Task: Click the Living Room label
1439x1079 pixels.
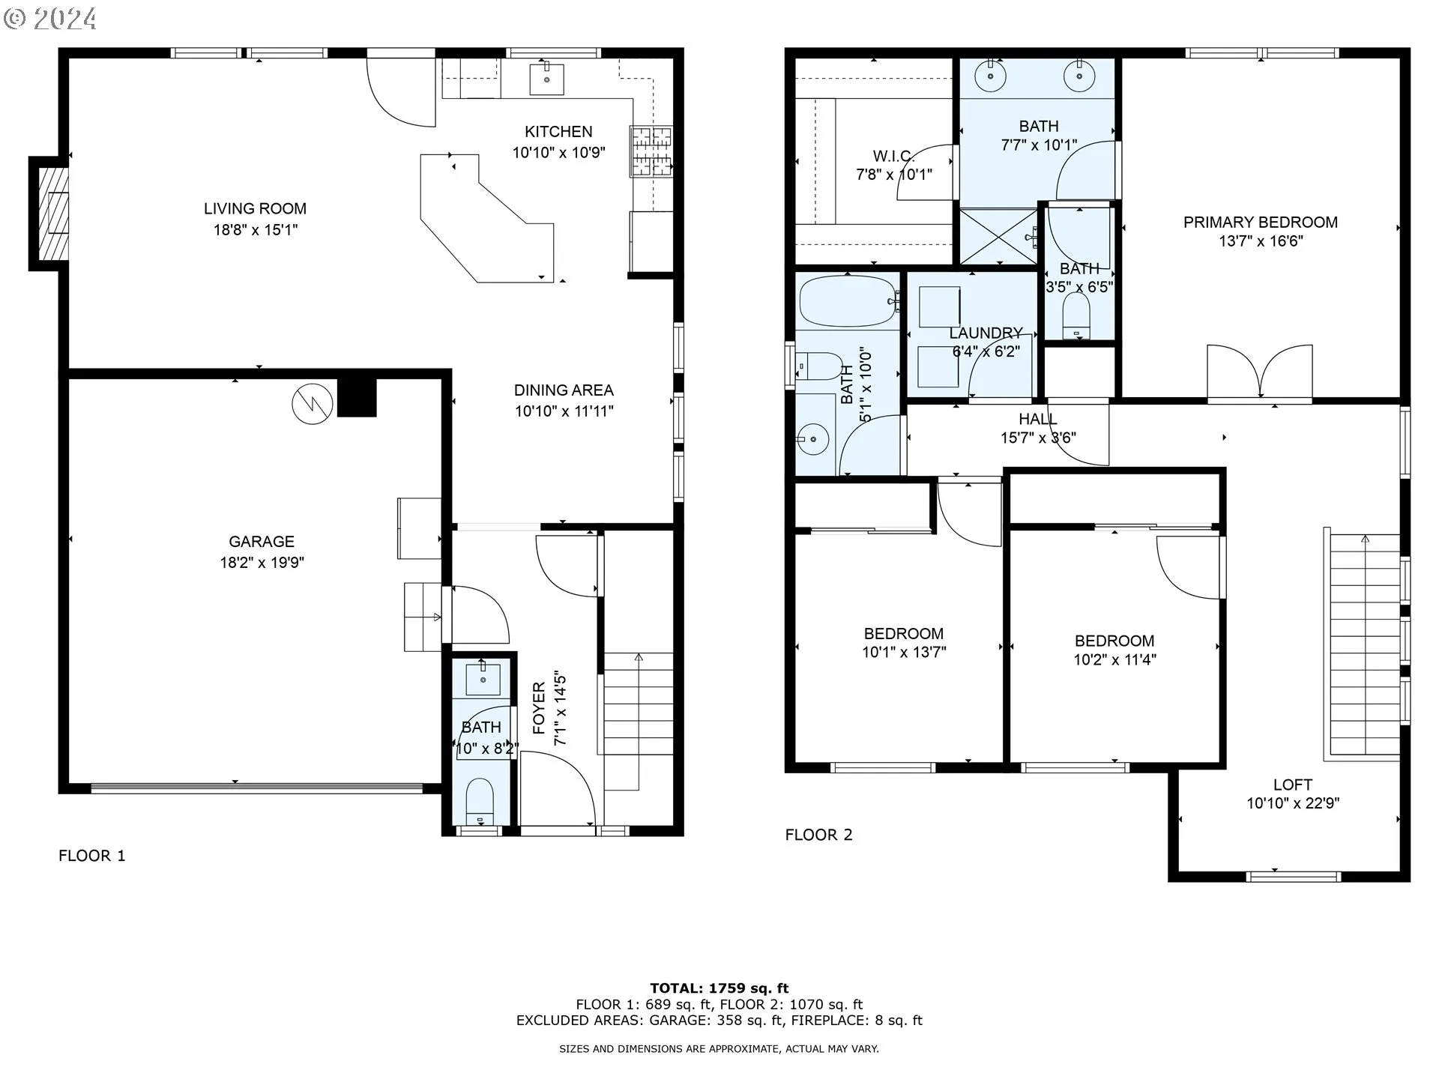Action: coord(255,208)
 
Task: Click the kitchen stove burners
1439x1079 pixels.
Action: coord(651,151)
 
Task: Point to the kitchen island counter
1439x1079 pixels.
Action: coord(487,218)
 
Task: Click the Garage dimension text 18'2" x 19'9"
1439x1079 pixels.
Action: coord(262,562)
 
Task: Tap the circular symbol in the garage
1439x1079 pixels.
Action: coord(312,405)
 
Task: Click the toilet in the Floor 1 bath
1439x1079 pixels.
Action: coord(480,800)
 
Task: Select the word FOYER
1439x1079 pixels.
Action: coord(539,707)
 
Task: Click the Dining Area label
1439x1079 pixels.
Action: coord(564,390)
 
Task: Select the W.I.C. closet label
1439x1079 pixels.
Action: coord(893,156)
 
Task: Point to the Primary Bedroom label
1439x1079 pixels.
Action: coord(1261,222)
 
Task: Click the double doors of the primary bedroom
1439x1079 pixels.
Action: coord(1260,372)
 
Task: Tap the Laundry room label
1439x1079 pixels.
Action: coord(986,333)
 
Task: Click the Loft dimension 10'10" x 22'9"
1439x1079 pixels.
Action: coord(1293,803)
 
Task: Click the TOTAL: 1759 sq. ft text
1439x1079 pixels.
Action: coord(719,988)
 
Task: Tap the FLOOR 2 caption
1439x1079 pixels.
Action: coord(818,835)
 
